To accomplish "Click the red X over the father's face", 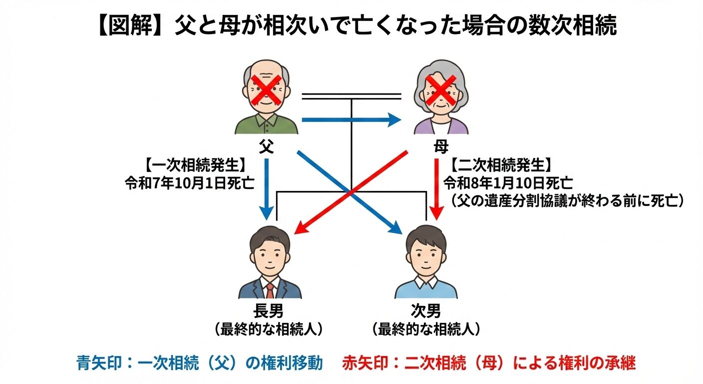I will (x=267, y=88).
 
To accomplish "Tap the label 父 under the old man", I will (x=266, y=146).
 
